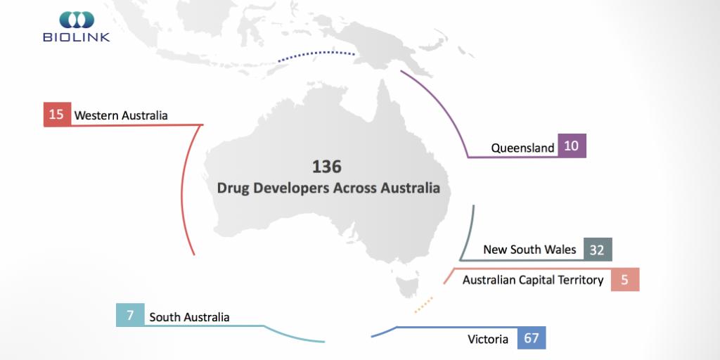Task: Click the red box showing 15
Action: coord(57,115)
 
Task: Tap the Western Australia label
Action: coord(121,115)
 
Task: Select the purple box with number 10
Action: coord(572,146)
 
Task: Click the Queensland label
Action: coord(522,148)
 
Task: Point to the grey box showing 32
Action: coord(598,250)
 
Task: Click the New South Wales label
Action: coord(529,250)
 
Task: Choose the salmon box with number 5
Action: coord(624,280)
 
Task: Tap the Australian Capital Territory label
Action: coord(533,280)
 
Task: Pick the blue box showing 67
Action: coord(532,338)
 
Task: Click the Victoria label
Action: coord(488,340)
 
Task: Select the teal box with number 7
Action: coord(130,315)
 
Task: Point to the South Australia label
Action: coord(189,317)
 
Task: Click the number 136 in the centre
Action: coord(326,167)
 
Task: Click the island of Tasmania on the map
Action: coord(406,285)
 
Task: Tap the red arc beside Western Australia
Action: coord(183,190)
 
